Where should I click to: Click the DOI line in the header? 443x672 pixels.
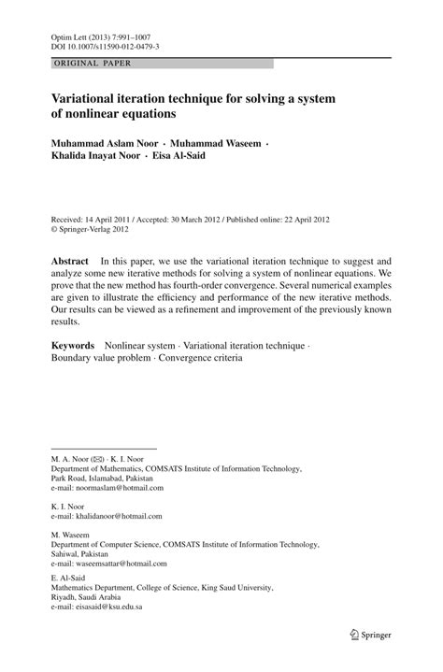pos(105,45)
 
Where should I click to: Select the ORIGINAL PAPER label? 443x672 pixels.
pos(93,64)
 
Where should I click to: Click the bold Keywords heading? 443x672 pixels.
pos(73,345)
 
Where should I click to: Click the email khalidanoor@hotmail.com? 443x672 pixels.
pos(116,516)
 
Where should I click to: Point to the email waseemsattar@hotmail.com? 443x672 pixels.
pos(119,563)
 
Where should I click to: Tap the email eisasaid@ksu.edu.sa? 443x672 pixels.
pos(107,608)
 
